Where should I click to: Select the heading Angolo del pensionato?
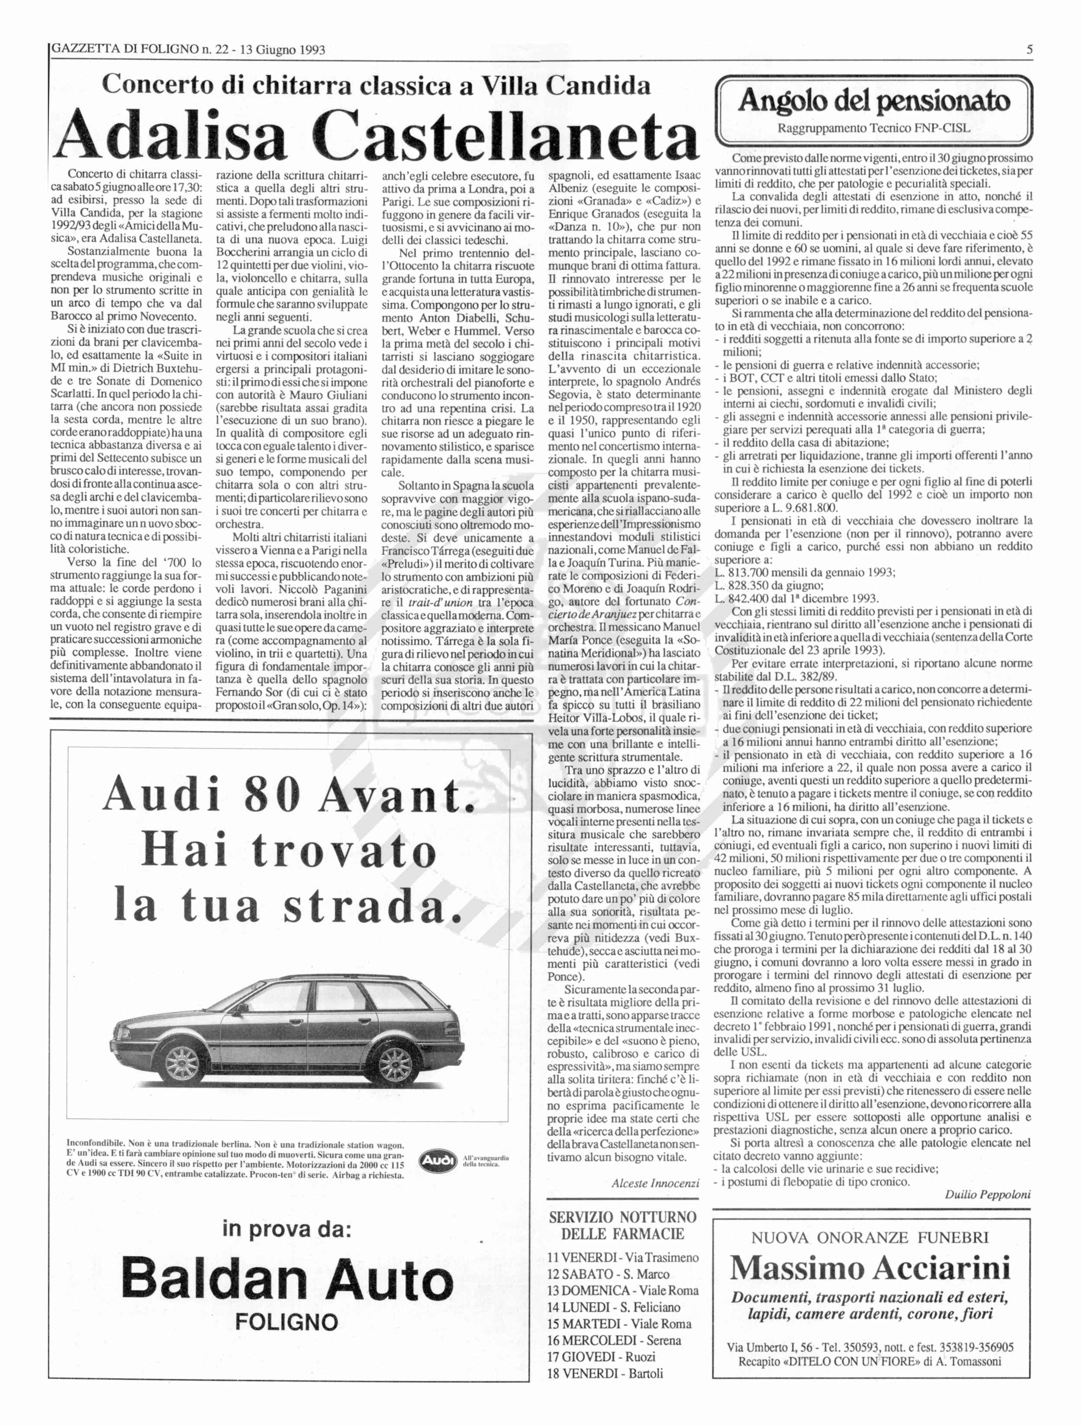coord(874,101)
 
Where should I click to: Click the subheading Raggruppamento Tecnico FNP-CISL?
coord(874,128)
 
